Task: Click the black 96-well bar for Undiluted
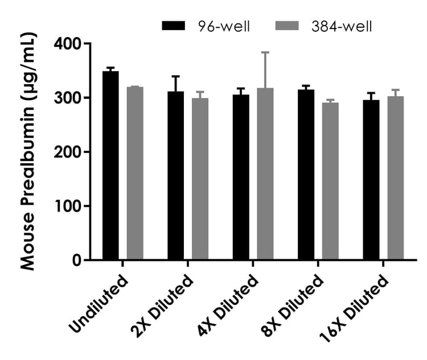coord(110,165)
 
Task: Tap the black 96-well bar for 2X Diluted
coord(176,176)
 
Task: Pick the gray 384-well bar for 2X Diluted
coord(200,179)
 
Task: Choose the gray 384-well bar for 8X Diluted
coord(330,181)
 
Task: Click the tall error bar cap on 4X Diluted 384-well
coord(265,52)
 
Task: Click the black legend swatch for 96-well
coord(174,26)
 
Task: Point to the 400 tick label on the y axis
coord(67,44)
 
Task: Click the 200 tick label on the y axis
coord(67,152)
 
